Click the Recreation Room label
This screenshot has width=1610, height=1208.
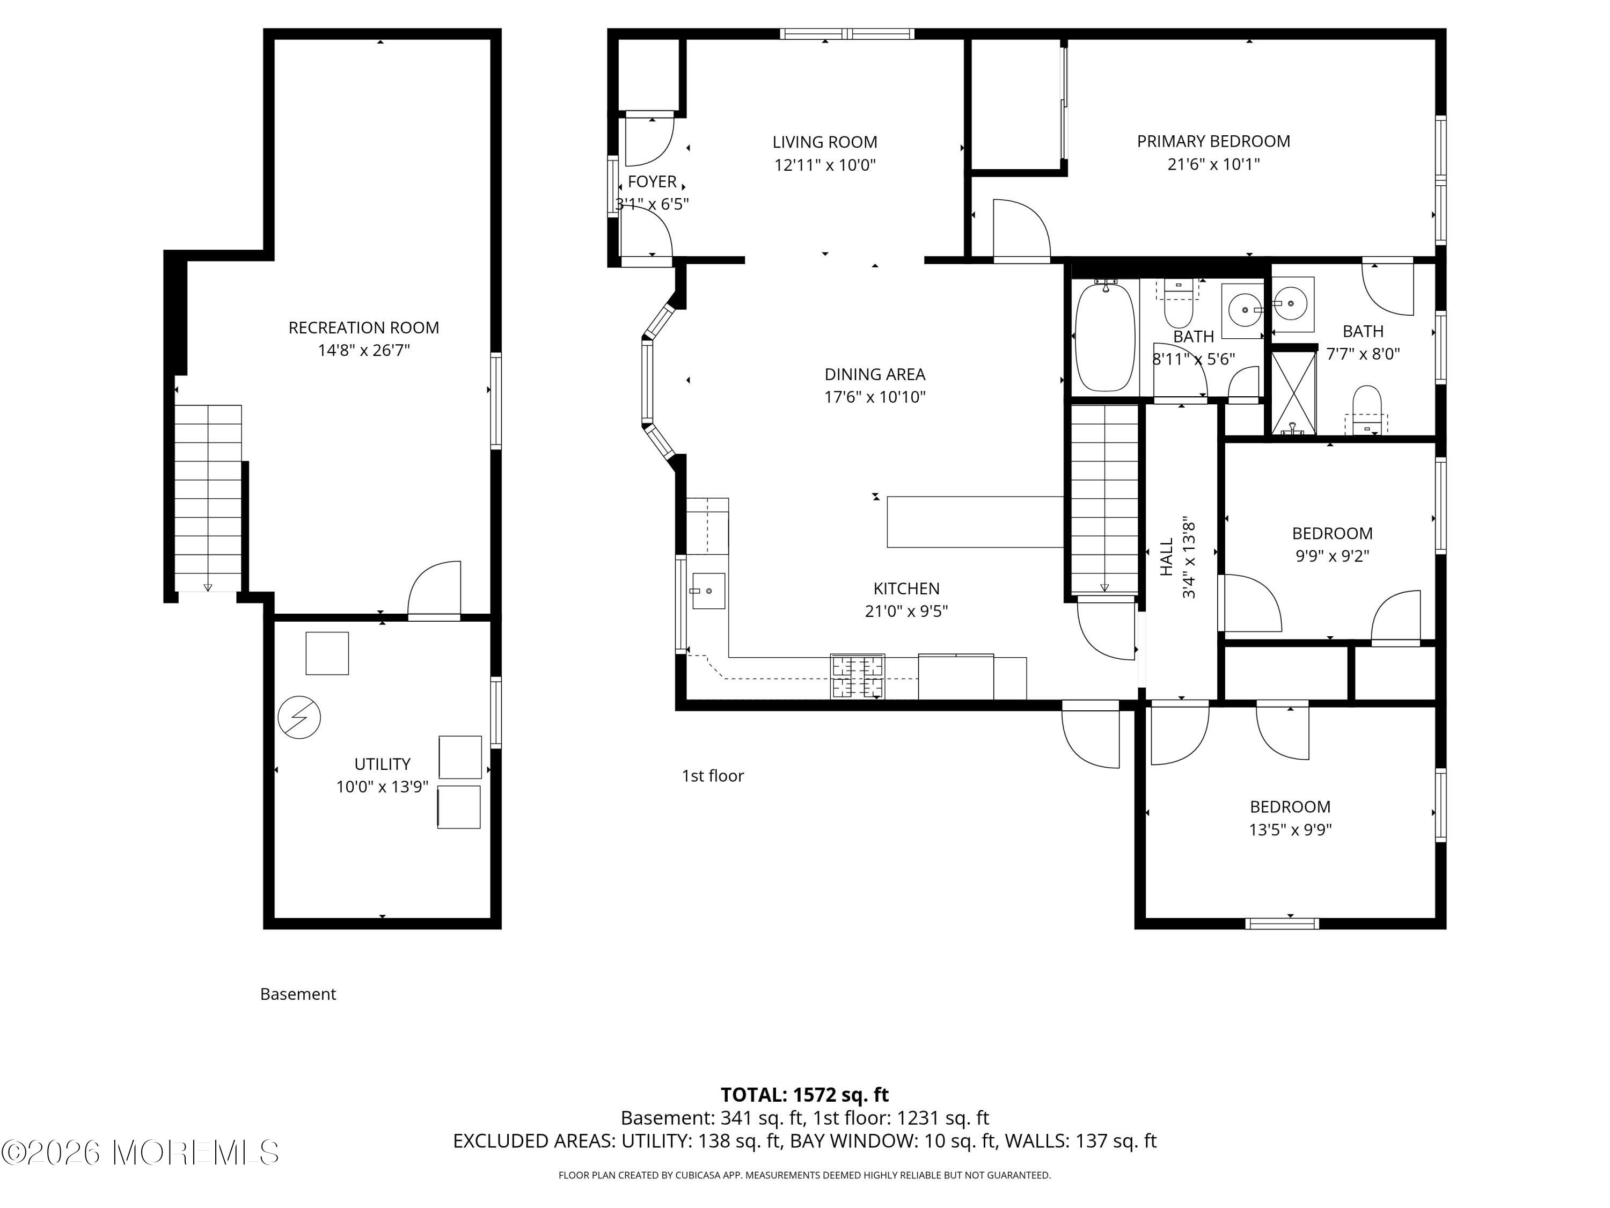click(364, 328)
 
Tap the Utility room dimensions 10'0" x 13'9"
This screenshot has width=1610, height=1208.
click(382, 787)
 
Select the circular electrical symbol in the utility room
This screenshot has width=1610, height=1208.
click(299, 717)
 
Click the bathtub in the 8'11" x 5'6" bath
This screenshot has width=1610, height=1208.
click(1106, 337)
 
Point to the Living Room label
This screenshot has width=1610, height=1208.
click(825, 142)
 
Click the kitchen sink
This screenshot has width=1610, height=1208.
click(708, 591)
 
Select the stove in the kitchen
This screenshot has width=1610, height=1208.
click(858, 676)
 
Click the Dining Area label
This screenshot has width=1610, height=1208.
click(875, 374)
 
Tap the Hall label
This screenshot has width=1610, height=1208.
click(1167, 557)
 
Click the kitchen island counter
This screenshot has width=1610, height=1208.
click(975, 521)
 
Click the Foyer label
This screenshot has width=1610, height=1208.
click(652, 181)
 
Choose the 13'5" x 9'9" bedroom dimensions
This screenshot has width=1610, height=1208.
click(1291, 829)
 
